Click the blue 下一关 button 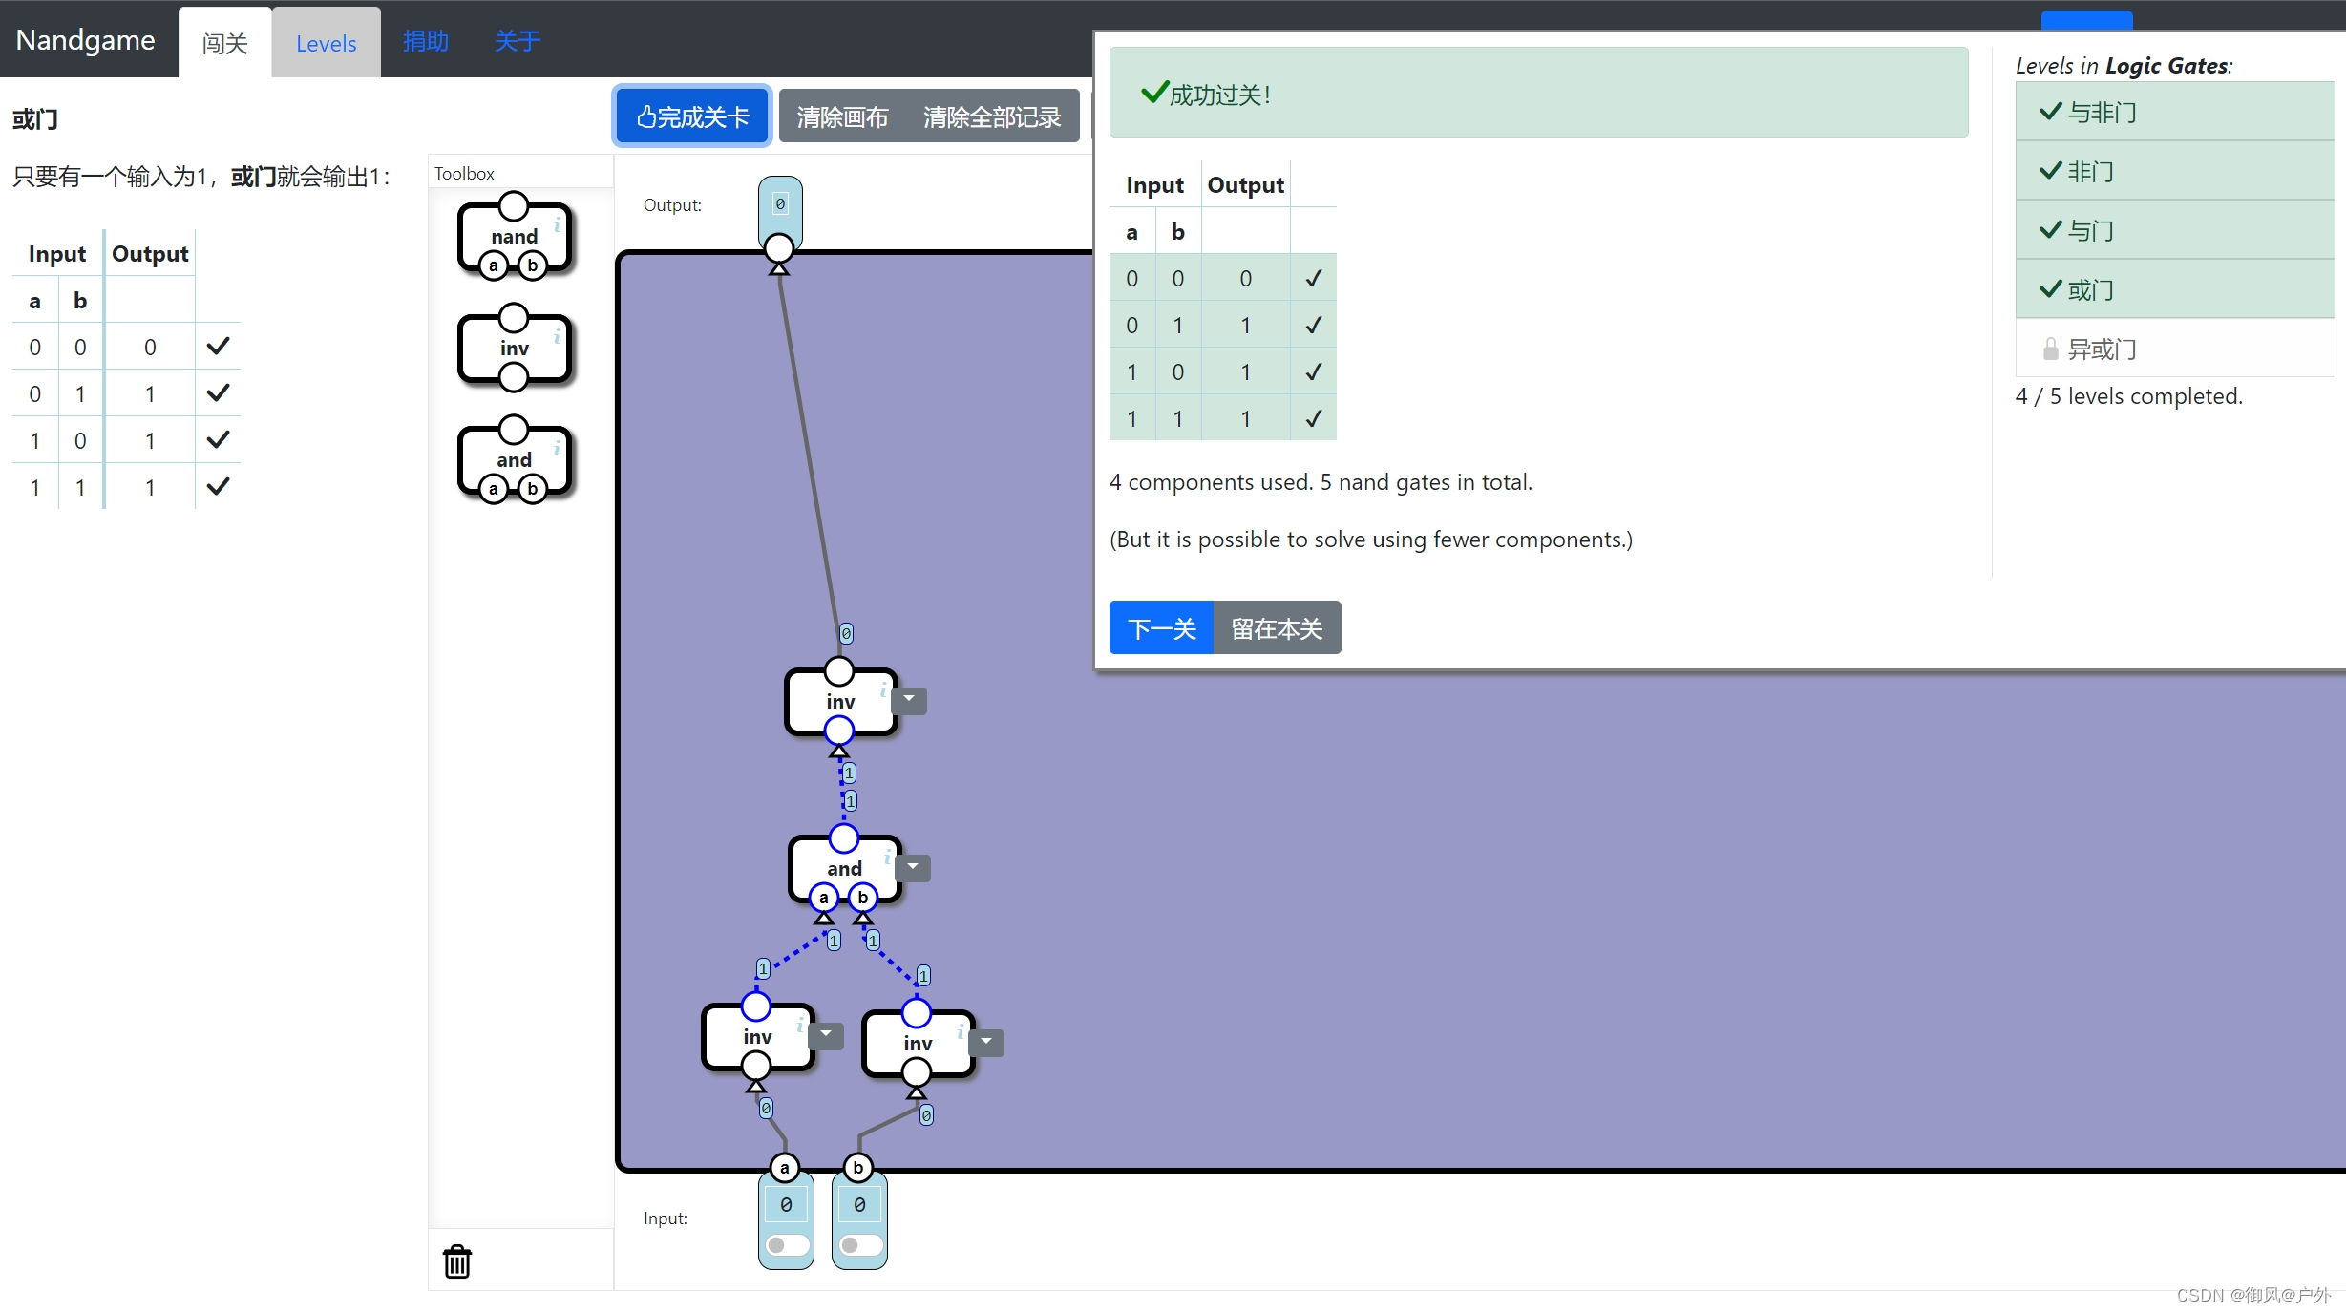pyautogui.click(x=1161, y=628)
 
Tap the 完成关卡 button pyautogui.click(x=692, y=116)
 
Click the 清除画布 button pyautogui.click(x=842, y=116)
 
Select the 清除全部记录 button pyautogui.click(x=991, y=116)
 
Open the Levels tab pyautogui.click(x=326, y=43)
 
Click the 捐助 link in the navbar pyautogui.click(x=426, y=41)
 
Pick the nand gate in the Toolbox pyautogui.click(x=514, y=236)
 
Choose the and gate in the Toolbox pyautogui.click(x=514, y=459)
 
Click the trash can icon pyautogui.click(x=457, y=1261)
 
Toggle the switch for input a pyautogui.click(x=786, y=1245)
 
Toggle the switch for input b pyautogui.click(x=859, y=1245)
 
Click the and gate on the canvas pyautogui.click(x=844, y=867)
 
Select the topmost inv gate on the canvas pyautogui.click(x=840, y=701)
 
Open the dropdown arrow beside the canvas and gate pyautogui.click(x=913, y=867)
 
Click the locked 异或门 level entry pyautogui.click(x=2101, y=349)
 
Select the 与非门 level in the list pyautogui.click(x=2101, y=112)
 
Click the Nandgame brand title pyautogui.click(x=85, y=40)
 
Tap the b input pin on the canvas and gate pyautogui.click(x=863, y=898)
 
